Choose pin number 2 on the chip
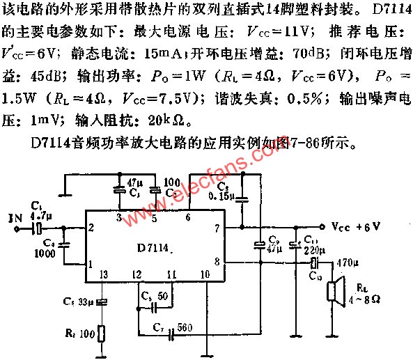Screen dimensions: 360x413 click(x=91, y=228)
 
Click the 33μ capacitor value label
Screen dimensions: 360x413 click(x=84, y=302)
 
